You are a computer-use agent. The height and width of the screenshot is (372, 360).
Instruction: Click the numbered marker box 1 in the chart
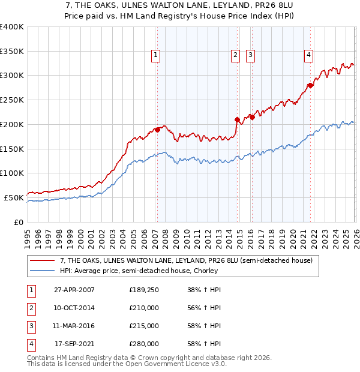coord(155,55)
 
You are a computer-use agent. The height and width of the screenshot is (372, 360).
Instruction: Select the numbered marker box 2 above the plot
coord(235,55)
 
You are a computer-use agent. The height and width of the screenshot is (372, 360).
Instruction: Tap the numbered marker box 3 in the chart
coord(250,55)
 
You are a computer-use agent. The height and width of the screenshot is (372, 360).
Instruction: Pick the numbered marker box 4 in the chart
coord(308,55)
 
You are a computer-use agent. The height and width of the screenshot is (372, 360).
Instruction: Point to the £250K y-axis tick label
coord(12,100)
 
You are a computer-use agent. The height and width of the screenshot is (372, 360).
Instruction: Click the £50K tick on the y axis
coord(14,197)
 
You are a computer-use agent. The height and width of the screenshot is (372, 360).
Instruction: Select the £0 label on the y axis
coord(19,222)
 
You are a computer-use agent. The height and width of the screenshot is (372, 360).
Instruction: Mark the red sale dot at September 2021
coord(310,85)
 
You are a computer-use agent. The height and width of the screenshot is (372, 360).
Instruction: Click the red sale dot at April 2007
coord(157,129)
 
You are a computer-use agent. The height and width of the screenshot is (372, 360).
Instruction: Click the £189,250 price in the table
coord(143,289)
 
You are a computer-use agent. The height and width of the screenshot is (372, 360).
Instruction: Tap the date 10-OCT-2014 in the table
coord(74,308)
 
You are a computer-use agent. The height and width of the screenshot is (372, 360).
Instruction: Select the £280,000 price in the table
coord(143,344)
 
